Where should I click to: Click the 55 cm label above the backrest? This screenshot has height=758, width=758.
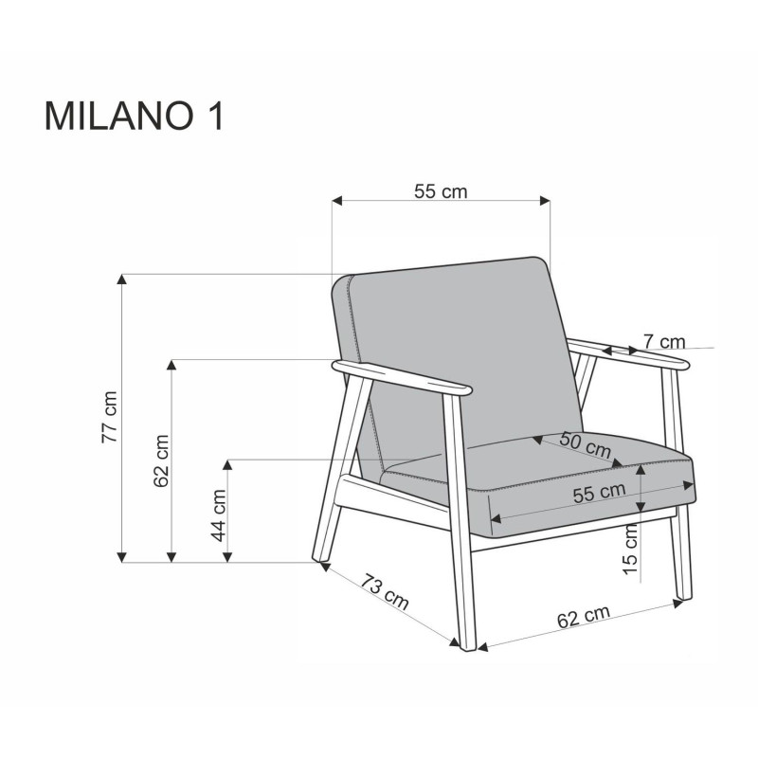pyautogui.click(x=441, y=191)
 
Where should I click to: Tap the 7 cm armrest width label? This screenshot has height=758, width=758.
pyautogui.click(x=663, y=340)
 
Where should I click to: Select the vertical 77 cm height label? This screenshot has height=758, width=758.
pyautogui.click(x=111, y=417)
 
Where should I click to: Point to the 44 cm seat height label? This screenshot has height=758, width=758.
pyautogui.click(x=218, y=514)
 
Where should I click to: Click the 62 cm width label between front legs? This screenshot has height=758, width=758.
pyautogui.click(x=582, y=618)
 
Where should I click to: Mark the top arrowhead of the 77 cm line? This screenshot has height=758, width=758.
pyautogui.click(x=121, y=279)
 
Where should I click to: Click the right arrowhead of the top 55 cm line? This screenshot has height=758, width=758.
pyautogui.click(x=545, y=200)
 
